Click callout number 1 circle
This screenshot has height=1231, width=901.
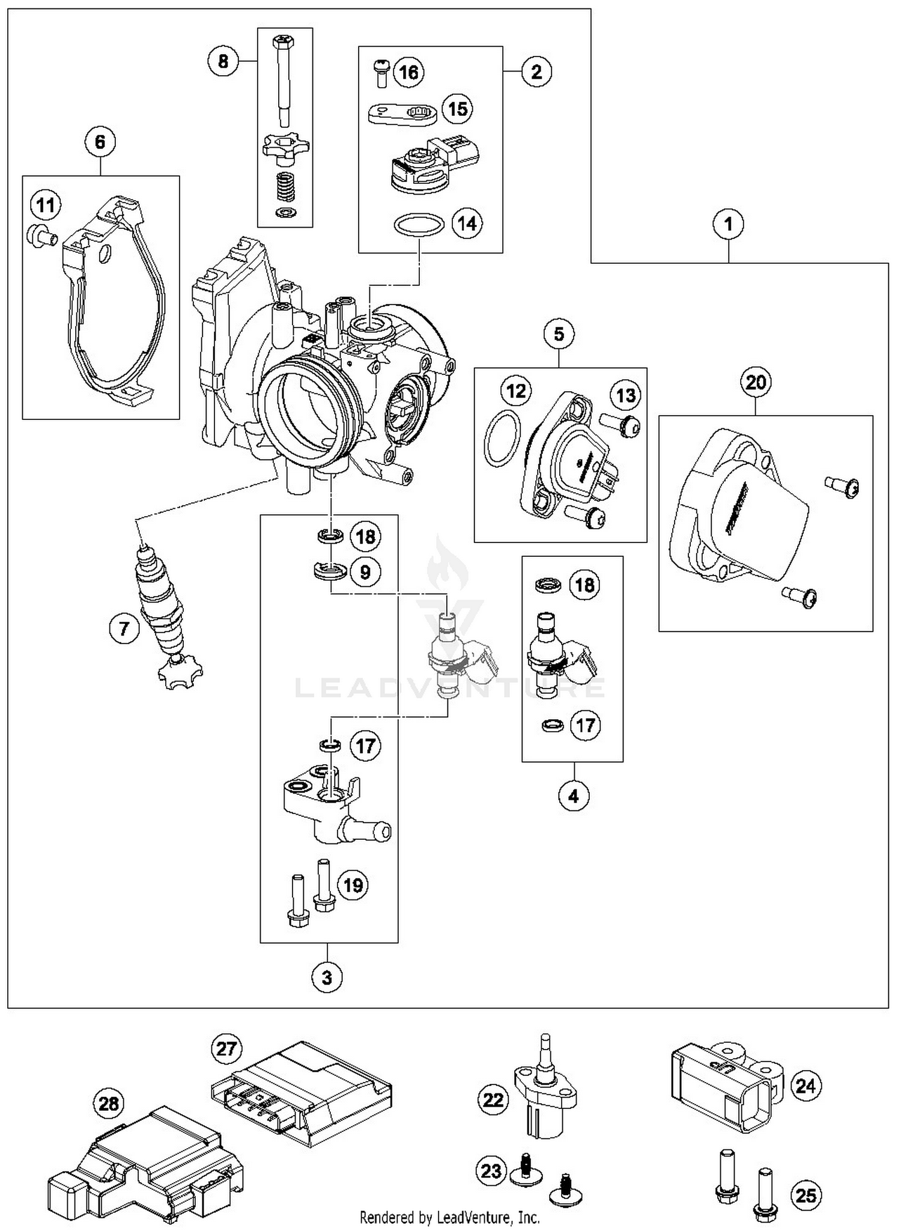point(728,225)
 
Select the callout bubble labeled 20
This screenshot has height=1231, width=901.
point(756,382)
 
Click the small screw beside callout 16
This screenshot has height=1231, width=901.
point(380,71)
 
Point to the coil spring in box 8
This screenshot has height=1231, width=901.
point(285,187)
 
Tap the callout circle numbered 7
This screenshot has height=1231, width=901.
point(124,628)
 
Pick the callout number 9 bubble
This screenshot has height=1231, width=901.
point(365,571)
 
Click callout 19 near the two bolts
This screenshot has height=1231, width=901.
point(353,885)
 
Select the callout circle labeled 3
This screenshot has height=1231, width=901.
point(327,977)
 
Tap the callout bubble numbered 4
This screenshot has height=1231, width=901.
point(574,796)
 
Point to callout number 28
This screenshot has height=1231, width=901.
point(109,1104)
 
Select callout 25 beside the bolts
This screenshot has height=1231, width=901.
point(805,1195)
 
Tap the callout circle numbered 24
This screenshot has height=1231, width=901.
point(805,1086)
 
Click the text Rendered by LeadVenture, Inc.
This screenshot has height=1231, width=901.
point(449,1217)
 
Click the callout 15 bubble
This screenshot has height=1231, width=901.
point(458,109)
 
